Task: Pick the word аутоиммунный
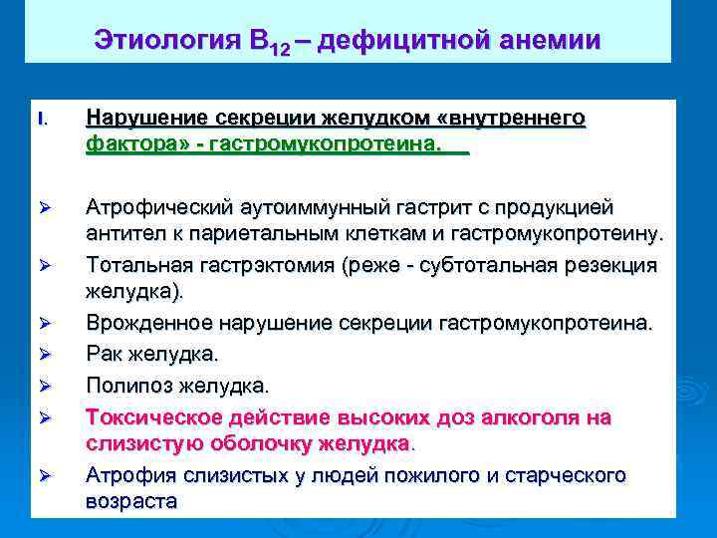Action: (x=306, y=207)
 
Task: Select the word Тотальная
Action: (x=135, y=265)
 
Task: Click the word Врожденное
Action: (x=145, y=323)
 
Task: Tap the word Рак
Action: (x=104, y=354)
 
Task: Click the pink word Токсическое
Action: (x=147, y=416)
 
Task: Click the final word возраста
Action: (x=131, y=501)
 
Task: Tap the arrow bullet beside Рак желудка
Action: (x=43, y=353)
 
